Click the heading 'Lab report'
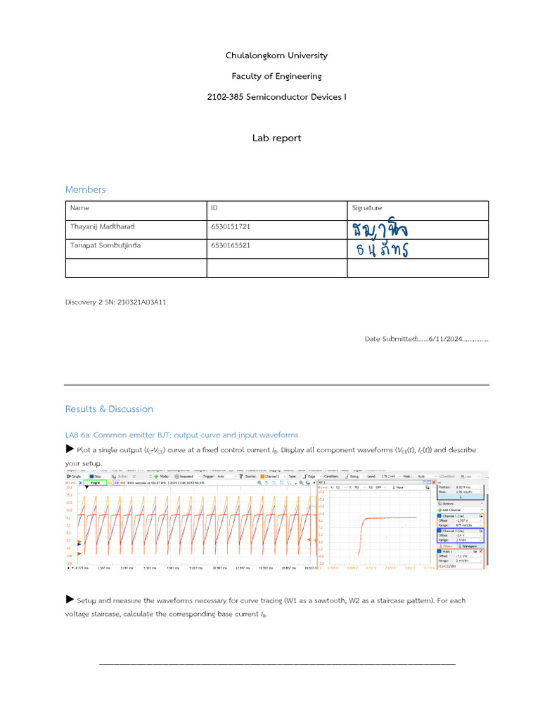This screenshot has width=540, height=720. click(x=276, y=138)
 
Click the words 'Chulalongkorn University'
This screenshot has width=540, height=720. click(x=276, y=55)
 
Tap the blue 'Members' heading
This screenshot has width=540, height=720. click(x=85, y=189)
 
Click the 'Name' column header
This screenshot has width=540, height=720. click(x=79, y=208)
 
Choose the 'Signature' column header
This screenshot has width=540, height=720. click(x=366, y=208)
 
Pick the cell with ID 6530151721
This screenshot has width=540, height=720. click(x=230, y=227)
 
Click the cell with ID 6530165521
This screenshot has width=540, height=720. click(x=230, y=246)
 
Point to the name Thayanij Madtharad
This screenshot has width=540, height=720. click(x=102, y=227)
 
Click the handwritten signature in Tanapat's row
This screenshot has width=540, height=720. click(x=383, y=249)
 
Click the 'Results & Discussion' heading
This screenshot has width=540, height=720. click(x=109, y=409)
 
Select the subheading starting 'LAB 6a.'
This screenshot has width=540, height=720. click(x=181, y=435)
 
